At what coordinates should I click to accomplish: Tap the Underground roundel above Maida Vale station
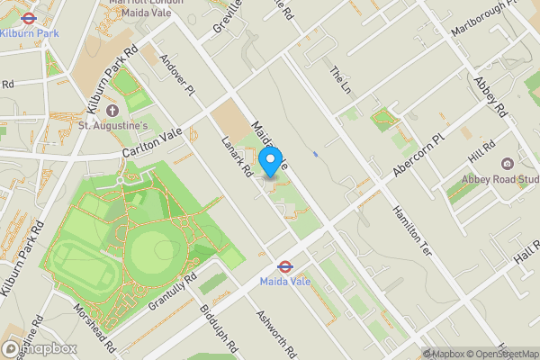click(x=283, y=266)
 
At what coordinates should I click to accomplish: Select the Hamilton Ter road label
click(x=410, y=226)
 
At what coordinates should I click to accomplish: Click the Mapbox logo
click(x=40, y=348)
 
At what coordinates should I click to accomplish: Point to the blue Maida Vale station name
click(x=284, y=283)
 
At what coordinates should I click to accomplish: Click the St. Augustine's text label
click(x=112, y=125)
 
